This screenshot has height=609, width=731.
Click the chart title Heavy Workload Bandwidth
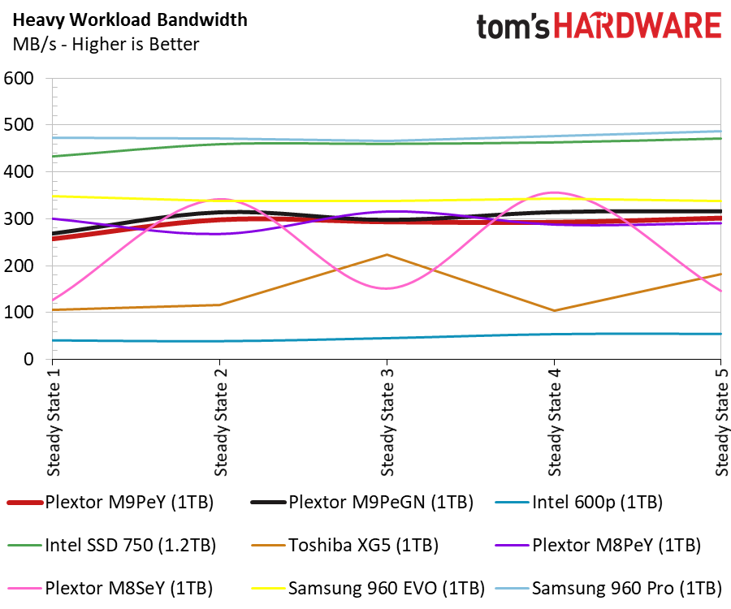(x=130, y=20)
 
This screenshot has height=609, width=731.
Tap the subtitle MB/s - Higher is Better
(x=106, y=45)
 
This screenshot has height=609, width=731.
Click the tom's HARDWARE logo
(x=599, y=26)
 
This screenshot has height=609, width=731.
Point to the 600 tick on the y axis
(x=19, y=78)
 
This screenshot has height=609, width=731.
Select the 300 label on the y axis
(x=19, y=219)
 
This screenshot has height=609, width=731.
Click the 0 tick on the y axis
(x=28, y=359)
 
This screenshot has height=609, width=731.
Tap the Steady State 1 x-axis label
(x=54, y=422)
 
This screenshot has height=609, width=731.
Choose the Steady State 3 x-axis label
(x=387, y=422)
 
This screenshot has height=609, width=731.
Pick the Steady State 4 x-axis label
(x=554, y=422)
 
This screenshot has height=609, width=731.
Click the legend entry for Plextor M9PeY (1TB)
(x=110, y=503)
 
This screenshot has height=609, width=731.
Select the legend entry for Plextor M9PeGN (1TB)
(x=361, y=503)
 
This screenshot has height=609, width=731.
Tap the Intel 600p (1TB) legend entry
(x=578, y=503)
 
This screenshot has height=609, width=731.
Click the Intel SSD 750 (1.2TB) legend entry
(x=112, y=545)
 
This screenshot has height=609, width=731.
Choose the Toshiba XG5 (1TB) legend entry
(x=344, y=545)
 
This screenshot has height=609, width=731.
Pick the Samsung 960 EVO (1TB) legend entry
(x=368, y=588)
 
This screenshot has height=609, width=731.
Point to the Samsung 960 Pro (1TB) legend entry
(x=608, y=588)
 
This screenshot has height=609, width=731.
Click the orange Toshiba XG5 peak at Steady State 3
(x=387, y=254)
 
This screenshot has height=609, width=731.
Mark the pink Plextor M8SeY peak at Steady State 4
(x=554, y=192)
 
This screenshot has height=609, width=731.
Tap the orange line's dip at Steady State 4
(x=554, y=310)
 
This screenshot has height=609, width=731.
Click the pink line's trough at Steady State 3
(x=387, y=288)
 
